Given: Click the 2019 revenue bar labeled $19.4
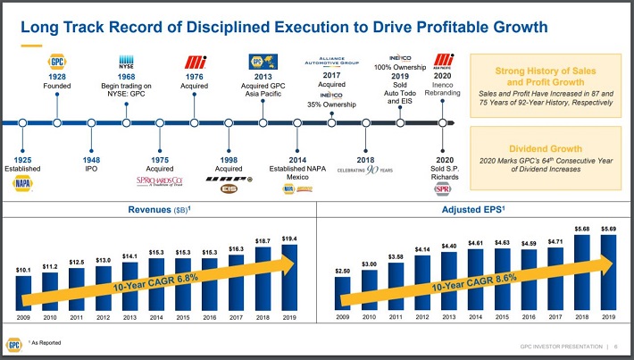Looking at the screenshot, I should point(289,277).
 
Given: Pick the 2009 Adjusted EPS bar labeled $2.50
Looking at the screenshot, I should point(342,293).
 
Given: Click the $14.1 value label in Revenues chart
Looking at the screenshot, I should point(131,256).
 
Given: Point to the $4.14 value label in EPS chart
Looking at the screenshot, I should point(421,247).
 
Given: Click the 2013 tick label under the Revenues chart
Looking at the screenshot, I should point(131,316).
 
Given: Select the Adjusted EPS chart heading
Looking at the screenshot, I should point(475,211).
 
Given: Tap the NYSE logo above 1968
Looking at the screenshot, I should point(126,63).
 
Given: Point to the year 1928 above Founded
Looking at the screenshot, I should point(56,78).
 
